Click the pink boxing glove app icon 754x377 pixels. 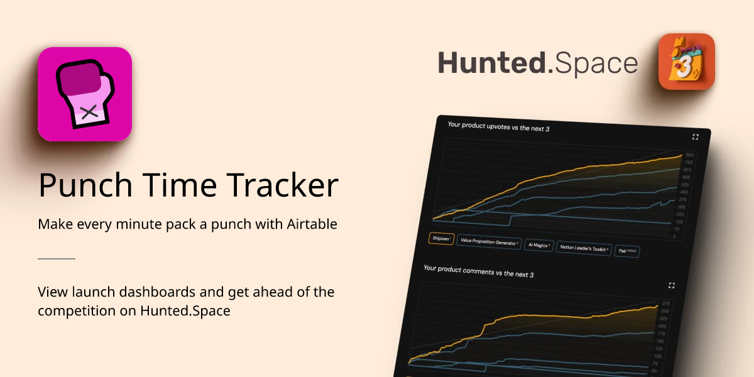(85, 94)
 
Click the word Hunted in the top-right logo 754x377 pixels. (491, 64)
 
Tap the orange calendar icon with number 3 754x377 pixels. (686, 62)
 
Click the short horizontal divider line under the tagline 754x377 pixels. (57, 258)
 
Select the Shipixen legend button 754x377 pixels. (441, 239)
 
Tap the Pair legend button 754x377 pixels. (626, 251)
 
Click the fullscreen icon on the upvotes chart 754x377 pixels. (695, 137)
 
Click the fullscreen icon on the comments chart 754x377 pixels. (672, 285)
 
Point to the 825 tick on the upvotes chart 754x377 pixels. (689, 155)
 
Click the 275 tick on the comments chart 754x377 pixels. (665, 303)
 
